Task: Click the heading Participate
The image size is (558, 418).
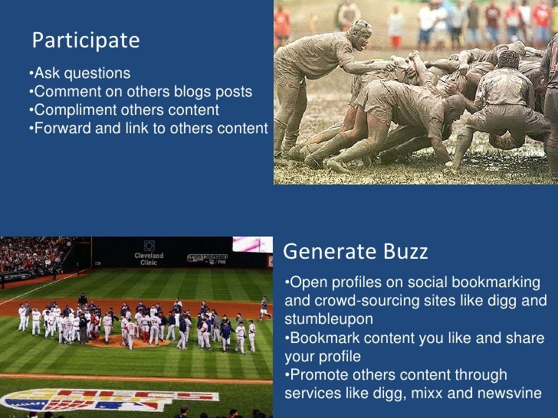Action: [85, 41]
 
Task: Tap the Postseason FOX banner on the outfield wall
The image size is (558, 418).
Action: [206, 257]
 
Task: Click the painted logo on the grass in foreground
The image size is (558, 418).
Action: [107, 400]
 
